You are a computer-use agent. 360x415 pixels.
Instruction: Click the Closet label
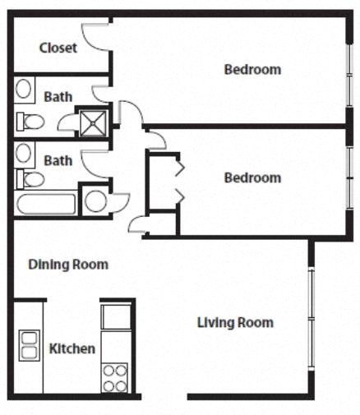(x=58, y=48)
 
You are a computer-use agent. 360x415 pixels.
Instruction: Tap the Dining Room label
(x=68, y=265)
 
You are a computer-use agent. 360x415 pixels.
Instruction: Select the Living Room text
(x=235, y=322)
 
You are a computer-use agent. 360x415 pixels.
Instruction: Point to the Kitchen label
(x=72, y=349)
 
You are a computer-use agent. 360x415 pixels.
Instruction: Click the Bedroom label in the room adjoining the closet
(x=252, y=70)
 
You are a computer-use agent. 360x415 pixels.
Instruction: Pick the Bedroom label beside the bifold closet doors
(x=252, y=178)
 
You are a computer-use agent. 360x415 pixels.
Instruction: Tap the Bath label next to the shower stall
(x=58, y=96)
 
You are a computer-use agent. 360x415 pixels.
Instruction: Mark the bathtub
(x=46, y=203)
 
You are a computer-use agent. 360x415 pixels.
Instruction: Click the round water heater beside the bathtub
(x=96, y=201)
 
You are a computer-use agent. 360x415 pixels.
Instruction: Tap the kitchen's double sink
(x=29, y=345)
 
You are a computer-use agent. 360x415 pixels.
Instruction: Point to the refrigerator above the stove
(x=115, y=316)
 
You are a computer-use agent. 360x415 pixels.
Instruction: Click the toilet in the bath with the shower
(x=30, y=122)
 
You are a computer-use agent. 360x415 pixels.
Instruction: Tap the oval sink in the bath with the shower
(x=25, y=89)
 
